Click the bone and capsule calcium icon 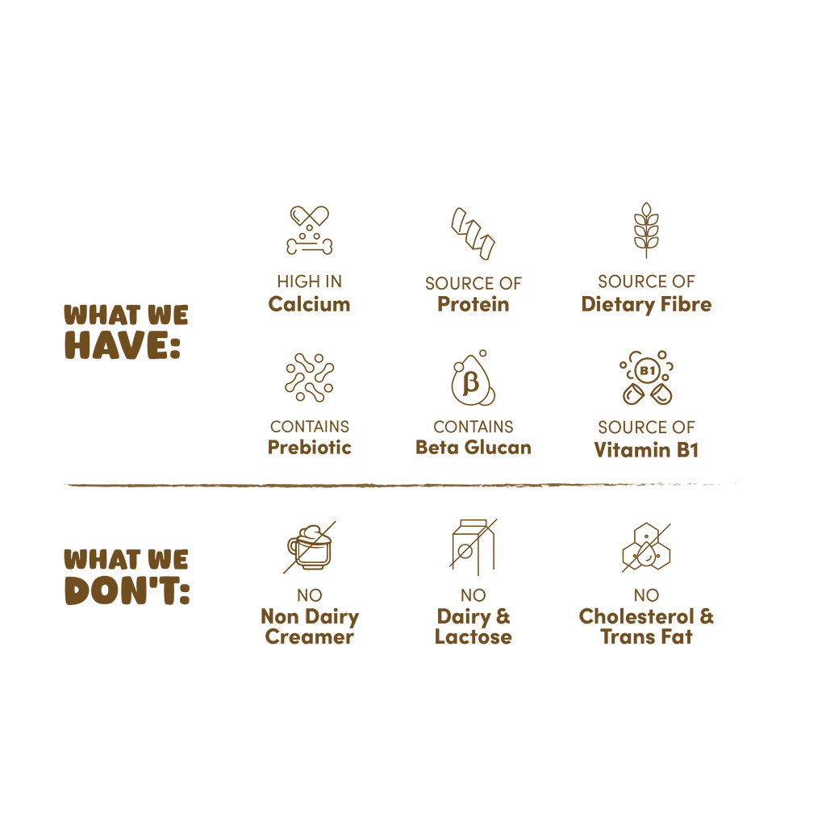pyautogui.click(x=310, y=230)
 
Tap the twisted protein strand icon pyautogui.click(x=473, y=233)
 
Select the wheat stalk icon pyautogui.click(x=646, y=230)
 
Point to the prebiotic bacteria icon pyautogui.click(x=310, y=378)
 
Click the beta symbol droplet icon pyautogui.click(x=473, y=378)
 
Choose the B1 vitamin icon pyautogui.click(x=646, y=378)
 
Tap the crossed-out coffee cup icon pyautogui.click(x=310, y=548)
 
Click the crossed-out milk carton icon pyautogui.click(x=473, y=547)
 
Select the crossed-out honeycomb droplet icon pyautogui.click(x=646, y=548)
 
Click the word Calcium pyautogui.click(x=309, y=304)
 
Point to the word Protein pyautogui.click(x=473, y=304)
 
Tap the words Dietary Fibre pyautogui.click(x=646, y=304)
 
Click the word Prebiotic pyautogui.click(x=310, y=447)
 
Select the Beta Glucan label pyautogui.click(x=473, y=447)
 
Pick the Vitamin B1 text pyautogui.click(x=646, y=450)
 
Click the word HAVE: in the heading pyautogui.click(x=123, y=345)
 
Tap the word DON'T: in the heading pyautogui.click(x=127, y=590)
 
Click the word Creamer pyautogui.click(x=310, y=636)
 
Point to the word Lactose pyautogui.click(x=473, y=636)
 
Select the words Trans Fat pyautogui.click(x=646, y=636)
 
